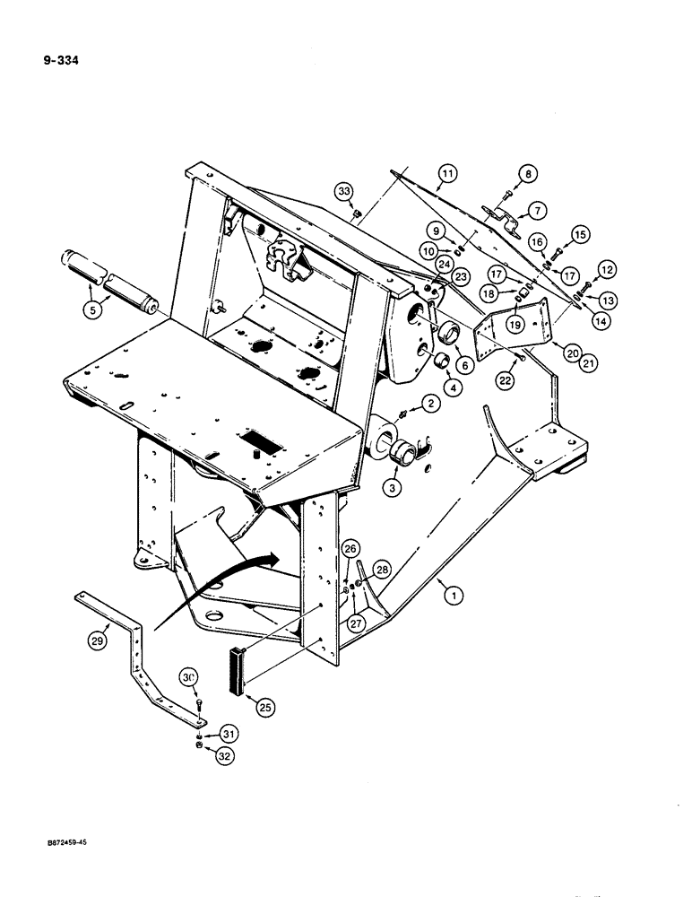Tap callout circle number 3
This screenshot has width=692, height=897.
coord(391,488)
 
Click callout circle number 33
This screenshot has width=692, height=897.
coord(343,190)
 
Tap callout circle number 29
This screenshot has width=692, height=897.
coord(98,640)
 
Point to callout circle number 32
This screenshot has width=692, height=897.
coord(223,755)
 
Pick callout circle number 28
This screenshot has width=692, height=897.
coord(382,570)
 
